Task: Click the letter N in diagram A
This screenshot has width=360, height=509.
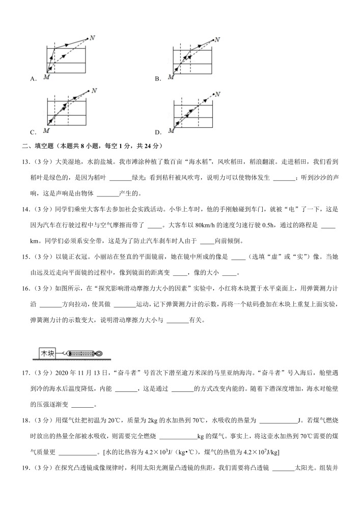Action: pos(91,37)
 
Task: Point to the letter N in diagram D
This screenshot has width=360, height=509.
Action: pos(217,94)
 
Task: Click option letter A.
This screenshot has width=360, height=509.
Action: pos(33,79)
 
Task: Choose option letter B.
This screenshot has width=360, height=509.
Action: pos(158,79)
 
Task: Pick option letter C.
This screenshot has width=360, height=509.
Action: pos(33,133)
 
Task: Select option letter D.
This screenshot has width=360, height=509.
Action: pos(158,133)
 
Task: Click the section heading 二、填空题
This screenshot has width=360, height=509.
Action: pos(39,147)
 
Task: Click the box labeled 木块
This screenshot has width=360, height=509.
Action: pos(47,353)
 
